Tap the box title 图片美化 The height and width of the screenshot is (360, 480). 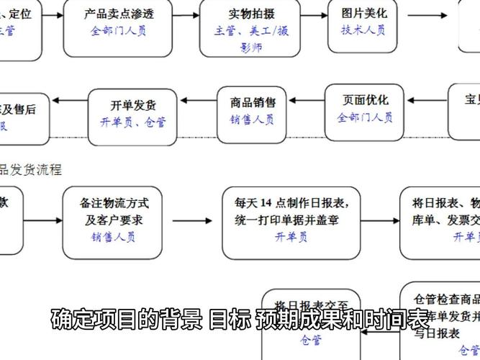(363, 13)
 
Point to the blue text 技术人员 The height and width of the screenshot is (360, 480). (363, 30)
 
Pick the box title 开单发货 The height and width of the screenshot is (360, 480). (133, 105)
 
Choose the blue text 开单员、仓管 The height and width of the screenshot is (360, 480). (133, 122)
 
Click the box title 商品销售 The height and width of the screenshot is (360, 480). (253, 102)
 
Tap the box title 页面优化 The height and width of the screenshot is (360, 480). (365, 100)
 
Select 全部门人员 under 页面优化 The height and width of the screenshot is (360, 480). (365, 117)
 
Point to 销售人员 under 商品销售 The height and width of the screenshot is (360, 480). (253, 120)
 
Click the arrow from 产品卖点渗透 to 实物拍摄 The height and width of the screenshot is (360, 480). (186, 14)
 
